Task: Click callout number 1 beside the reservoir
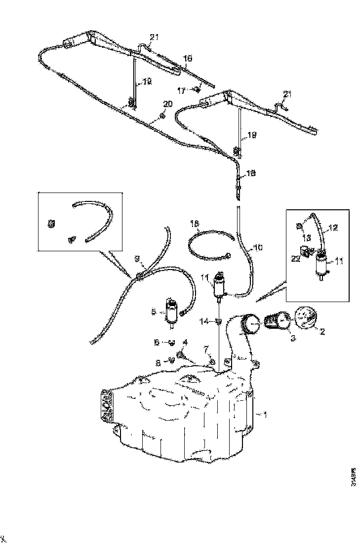265,415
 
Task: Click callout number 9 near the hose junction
137,258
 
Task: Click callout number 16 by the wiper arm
187,58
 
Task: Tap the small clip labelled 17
197,89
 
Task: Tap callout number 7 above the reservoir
205,350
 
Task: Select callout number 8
158,362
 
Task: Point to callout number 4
185,342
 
